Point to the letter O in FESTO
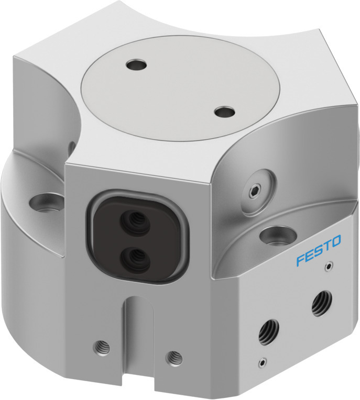335,241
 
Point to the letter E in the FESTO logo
309,255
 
